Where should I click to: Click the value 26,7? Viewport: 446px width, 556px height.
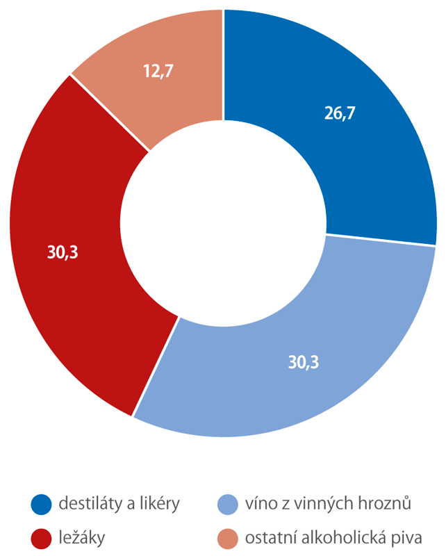coord(340,113)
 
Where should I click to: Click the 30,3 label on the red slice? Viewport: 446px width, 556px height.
coord(63,253)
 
